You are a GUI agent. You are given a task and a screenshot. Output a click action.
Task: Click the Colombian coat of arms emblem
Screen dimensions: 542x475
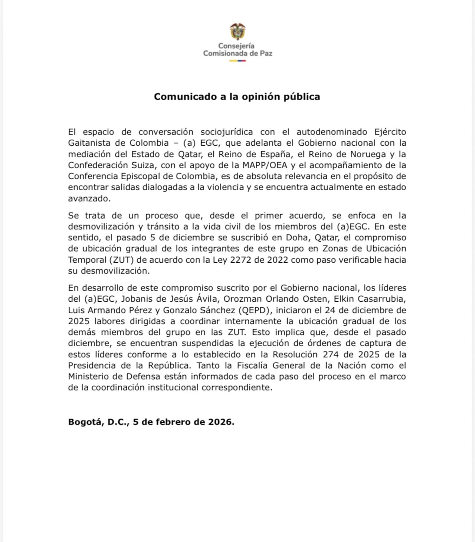[237, 32]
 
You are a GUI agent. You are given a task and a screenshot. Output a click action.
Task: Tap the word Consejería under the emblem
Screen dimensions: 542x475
[236, 46]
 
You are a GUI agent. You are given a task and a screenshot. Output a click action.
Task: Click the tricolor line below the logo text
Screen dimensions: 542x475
[237, 61]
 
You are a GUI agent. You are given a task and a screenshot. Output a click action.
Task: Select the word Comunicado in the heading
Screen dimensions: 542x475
[185, 97]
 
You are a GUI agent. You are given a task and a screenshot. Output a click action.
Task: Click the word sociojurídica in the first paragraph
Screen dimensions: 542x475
[226, 132]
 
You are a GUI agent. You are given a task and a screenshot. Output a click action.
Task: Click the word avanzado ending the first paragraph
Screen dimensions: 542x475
[89, 198]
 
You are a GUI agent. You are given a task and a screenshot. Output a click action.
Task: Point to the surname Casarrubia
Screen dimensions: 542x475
[381, 299]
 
